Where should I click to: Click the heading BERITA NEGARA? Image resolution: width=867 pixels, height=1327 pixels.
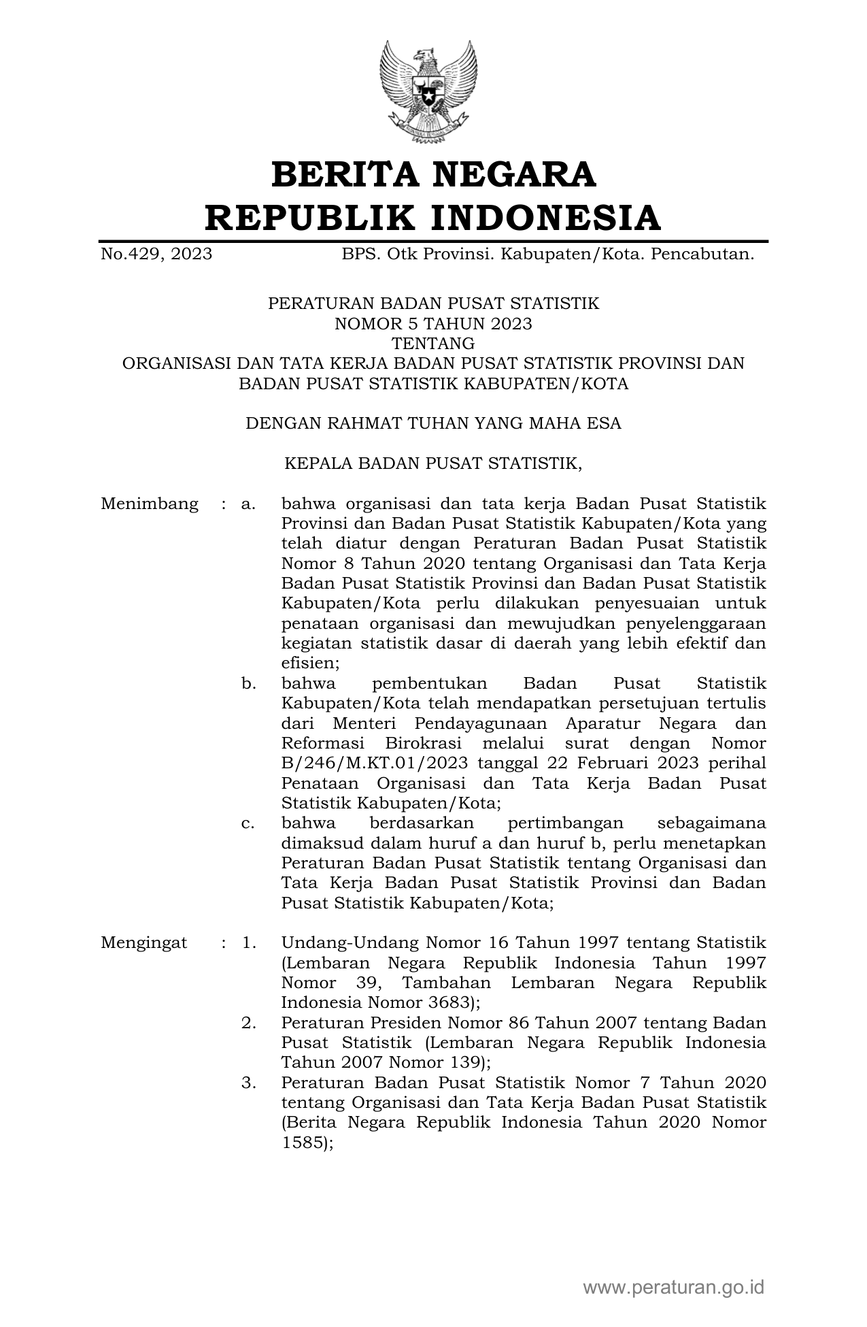[433, 174]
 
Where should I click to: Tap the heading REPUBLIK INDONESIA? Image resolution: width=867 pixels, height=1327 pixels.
[433, 218]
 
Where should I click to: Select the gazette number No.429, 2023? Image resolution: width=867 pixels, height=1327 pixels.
[156, 255]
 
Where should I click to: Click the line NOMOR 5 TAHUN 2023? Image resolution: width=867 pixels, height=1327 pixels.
[433, 323]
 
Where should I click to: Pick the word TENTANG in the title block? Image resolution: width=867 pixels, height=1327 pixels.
[433, 343]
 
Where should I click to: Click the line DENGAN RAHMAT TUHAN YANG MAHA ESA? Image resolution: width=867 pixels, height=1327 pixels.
[433, 423]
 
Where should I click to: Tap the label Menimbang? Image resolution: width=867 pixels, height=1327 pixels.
[150, 504]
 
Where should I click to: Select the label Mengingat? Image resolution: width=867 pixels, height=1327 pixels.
[143, 943]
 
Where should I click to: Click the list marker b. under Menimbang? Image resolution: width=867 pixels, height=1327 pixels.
[248, 683]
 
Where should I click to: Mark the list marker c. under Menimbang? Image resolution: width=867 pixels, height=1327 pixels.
[248, 823]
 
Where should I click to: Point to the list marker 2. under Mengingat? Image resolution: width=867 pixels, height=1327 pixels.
[248, 1023]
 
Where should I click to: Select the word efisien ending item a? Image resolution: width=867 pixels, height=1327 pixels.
[309, 663]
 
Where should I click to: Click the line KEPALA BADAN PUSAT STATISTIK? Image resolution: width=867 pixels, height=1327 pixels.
[433, 464]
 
